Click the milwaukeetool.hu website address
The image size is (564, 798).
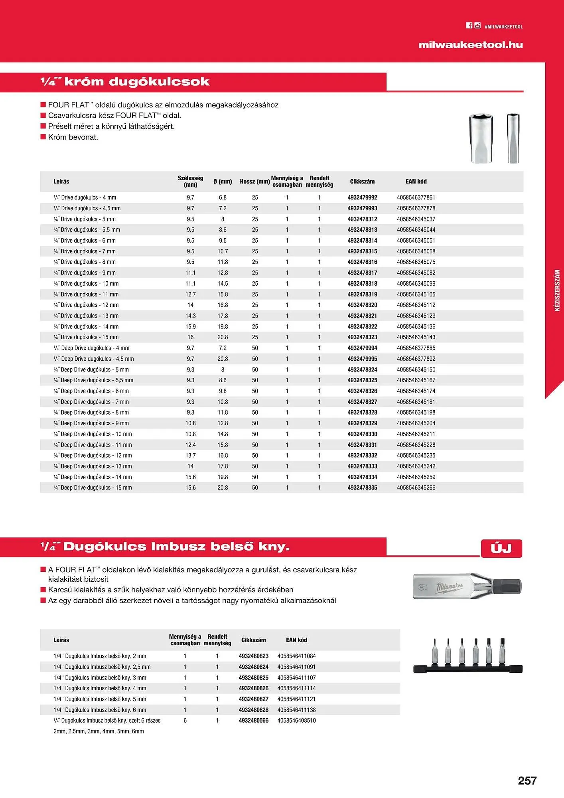[x=471, y=45]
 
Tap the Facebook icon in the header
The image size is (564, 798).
[x=469, y=26]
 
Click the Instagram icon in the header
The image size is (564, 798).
[x=477, y=26]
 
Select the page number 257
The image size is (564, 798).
[x=527, y=780]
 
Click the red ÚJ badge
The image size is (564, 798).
[x=501, y=548]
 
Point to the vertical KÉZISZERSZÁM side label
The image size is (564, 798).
[x=557, y=290]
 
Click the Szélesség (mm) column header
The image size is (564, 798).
[x=190, y=181]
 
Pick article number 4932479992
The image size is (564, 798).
[x=362, y=198]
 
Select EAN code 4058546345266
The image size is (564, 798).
[x=416, y=488]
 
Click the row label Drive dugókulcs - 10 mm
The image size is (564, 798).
[x=87, y=284]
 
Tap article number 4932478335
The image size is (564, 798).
[x=362, y=488]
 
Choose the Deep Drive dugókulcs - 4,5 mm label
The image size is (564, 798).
[x=94, y=359]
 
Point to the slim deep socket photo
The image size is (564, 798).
[x=513, y=138]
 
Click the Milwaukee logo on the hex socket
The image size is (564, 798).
[x=449, y=587]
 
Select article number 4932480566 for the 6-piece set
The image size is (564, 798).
[x=254, y=721]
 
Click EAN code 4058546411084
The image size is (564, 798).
[x=296, y=656]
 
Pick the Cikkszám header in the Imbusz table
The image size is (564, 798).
[x=253, y=640]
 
